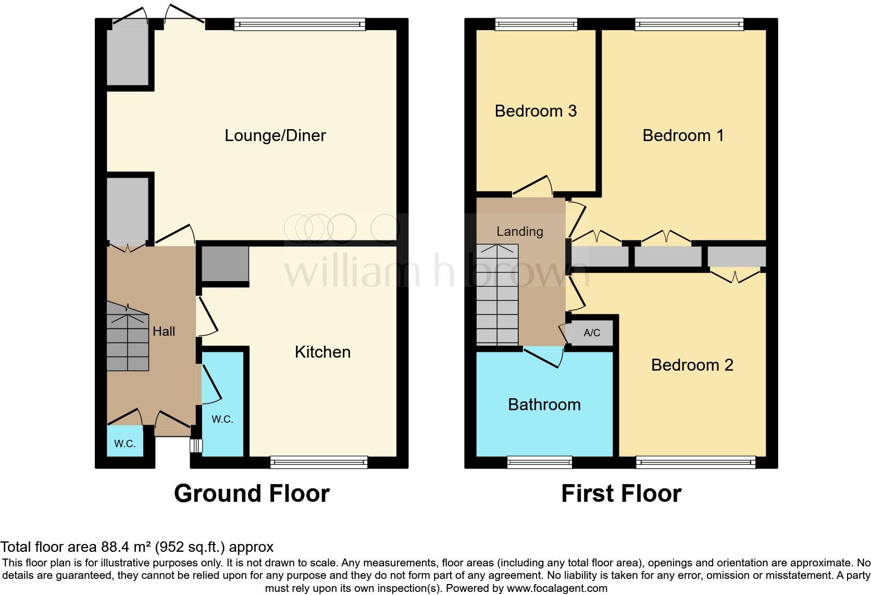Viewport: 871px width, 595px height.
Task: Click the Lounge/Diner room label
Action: coord(275,135)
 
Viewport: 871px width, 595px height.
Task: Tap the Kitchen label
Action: coord(322,352)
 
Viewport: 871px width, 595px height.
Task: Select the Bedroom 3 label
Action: coord(536,111)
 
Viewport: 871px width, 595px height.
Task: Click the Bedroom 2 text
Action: coord(692,365)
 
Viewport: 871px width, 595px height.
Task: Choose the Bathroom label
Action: coord(544,404)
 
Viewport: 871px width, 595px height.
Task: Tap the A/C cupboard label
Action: coord(592,333)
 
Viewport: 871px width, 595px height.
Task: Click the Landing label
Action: coord(519,231)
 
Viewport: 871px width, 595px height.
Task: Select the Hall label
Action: coord(164,331)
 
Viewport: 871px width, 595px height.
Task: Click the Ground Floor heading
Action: coord(252,493)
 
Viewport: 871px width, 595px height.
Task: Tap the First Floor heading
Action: coord(621,493)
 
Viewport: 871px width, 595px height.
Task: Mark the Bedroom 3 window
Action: coord(536,23)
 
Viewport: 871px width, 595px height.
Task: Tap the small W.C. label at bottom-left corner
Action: coord(125,444)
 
